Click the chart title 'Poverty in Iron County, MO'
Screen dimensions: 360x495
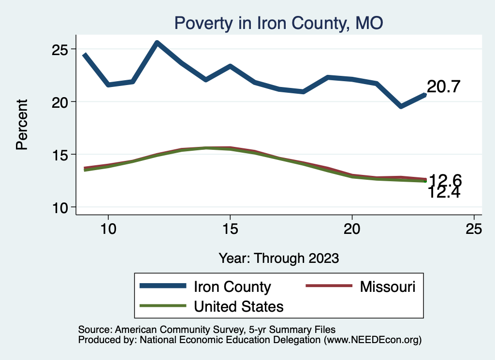tap(279, 23)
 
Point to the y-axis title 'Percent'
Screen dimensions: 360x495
tap(22, 124)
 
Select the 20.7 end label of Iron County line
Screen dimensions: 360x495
tap(443, 87)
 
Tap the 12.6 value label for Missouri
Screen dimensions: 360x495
tap(445, 181)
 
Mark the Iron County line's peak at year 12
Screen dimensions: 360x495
tap(157, 43)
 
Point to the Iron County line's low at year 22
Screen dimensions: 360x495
tap(401, 106)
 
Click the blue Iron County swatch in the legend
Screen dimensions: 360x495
tap(163, 286)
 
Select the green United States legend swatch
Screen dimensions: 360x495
tap(163, 306)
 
